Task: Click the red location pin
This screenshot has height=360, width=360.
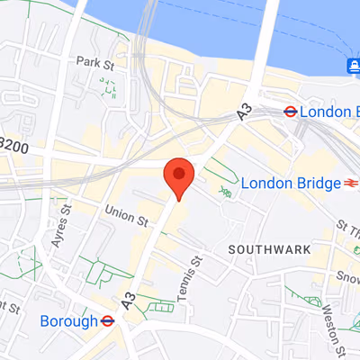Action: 178,176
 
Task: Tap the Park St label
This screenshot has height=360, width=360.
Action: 97,62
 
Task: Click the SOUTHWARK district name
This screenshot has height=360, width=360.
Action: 269,248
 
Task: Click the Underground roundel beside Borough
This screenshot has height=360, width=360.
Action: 106,319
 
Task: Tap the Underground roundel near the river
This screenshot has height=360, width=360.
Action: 291,112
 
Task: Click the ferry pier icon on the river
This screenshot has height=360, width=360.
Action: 352,65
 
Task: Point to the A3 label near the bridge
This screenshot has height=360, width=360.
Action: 244,111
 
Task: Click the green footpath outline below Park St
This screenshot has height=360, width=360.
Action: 109,87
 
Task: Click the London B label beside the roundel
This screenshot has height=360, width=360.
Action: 329,112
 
